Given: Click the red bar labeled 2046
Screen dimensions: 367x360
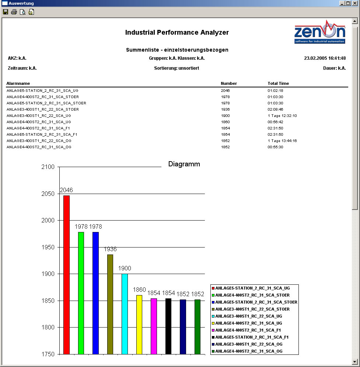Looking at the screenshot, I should (x=66, y=275).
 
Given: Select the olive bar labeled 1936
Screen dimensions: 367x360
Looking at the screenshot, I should (x=110, y=304).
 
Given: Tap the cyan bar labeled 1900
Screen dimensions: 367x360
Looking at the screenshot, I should (x=125, y=314).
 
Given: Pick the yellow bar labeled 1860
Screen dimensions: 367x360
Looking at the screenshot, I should (x=139, y=325).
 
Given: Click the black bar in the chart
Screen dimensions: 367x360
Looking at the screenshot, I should (x=168, y=326).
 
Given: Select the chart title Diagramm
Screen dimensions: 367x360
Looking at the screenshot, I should (x=184, y=164).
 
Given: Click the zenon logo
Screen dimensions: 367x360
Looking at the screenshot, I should (x=320, y=34).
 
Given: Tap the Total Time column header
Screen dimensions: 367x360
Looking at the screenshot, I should (x=278, y=83).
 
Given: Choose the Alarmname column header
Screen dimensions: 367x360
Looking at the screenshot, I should (x=18, y=83).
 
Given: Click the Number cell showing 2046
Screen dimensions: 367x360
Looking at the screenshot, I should (x=225, y=90).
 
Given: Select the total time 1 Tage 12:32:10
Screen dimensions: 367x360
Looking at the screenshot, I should (x=282, y=115).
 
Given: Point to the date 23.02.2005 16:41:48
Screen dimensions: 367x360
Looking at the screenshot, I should (x=325, y=58).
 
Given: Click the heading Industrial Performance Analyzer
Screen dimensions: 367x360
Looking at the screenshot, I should (x=177, y=32).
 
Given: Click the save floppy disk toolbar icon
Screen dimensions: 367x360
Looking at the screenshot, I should (x=6, y=12).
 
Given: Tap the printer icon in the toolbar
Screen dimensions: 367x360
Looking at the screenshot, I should (x=14, y=12).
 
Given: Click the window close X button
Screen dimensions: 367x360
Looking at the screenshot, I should (x=354, y=3).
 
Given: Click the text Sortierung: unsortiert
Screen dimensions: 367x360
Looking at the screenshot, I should (x=176, y=68).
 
